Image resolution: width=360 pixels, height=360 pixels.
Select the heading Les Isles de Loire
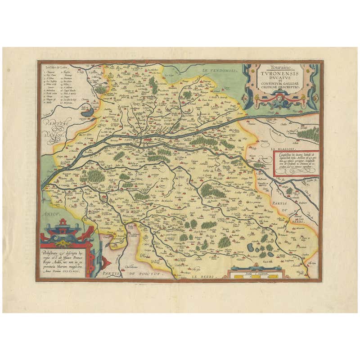coord(55,67)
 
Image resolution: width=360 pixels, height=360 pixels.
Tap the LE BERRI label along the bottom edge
coord(203,277)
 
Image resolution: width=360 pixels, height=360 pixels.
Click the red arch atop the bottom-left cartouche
coord(63,221)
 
